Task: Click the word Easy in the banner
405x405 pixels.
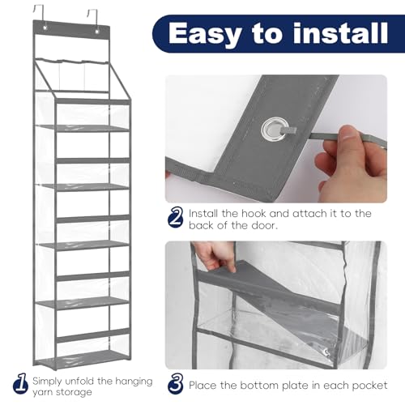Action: (205, 34)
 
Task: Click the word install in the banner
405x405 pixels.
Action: (340, 32)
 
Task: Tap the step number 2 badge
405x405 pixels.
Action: (176, 218)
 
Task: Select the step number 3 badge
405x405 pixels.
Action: (176, 383)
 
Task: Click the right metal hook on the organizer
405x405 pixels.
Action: (92, 17)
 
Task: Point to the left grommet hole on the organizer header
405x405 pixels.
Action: (45, 28)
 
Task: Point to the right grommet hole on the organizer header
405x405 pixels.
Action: (97, 32)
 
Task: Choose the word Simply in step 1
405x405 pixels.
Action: (47, 382)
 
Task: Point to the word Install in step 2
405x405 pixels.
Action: (203, 213)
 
